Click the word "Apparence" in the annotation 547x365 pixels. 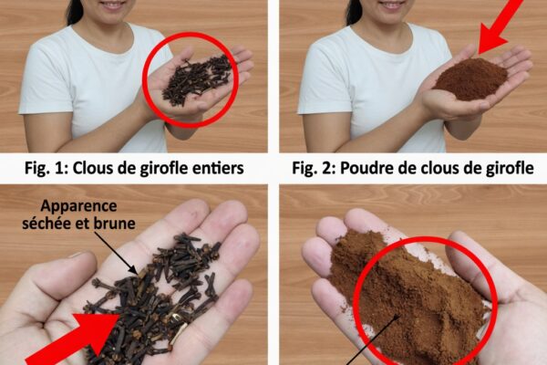tap(78, 206)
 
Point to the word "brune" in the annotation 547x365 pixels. tap(115, 224)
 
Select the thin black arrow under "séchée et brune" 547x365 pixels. tap(116, 253)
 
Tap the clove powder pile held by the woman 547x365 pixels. tap(471, 79)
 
